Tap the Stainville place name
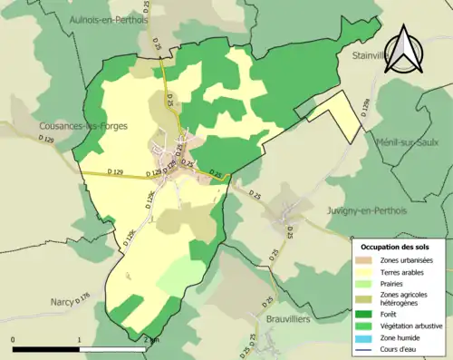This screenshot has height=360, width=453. pyautogui.click(x=370, y=55)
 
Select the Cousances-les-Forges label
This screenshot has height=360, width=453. pyautogui.click(x=83, y=125)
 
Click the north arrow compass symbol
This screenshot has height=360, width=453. pyautogui.click(x=405, y=47)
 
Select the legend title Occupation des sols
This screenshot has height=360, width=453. pyautogui.click(x=396, y=247)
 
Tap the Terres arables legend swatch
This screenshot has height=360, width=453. pyautogui.click(x=367, y=270)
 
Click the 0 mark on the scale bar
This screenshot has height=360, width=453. pyautogui.click(x=14, y=339)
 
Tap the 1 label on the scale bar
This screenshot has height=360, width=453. pyautogui.click(x=80, y=339)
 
